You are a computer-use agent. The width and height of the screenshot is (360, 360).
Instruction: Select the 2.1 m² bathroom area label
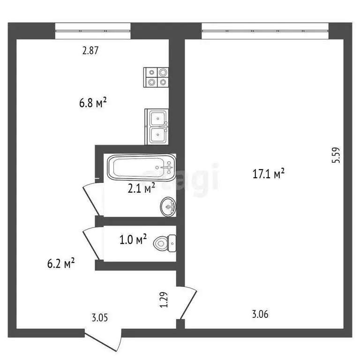(x=142, y=188)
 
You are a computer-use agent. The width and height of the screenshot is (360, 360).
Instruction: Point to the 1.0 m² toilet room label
(x=134, y=240)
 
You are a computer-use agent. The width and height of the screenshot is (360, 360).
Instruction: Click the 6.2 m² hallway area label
(x=61, y=264)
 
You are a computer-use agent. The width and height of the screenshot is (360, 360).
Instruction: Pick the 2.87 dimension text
(x=90, y=51)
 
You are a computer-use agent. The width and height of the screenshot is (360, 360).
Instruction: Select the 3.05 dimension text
(x=100, y=318)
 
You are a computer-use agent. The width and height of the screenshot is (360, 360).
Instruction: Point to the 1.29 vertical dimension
(x=164, y=300)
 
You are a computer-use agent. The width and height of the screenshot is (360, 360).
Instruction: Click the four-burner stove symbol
(x=157, y=77)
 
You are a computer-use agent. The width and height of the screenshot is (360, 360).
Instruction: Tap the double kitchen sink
(x=157, y=127)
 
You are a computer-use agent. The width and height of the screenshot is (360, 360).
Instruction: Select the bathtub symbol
(x=141, y=168)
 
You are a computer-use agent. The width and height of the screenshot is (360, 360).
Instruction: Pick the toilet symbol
(x=165, y=241)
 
